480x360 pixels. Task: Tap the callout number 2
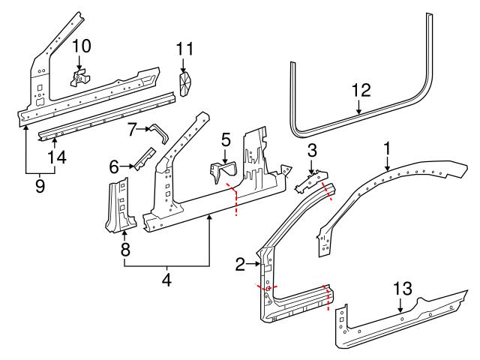(x=241, y=263)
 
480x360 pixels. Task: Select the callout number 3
(x=311, y=151)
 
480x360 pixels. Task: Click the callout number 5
(x=225, y=139)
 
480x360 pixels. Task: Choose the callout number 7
(x=132, y=130)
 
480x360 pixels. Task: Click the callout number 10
(x=81, y=46)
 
